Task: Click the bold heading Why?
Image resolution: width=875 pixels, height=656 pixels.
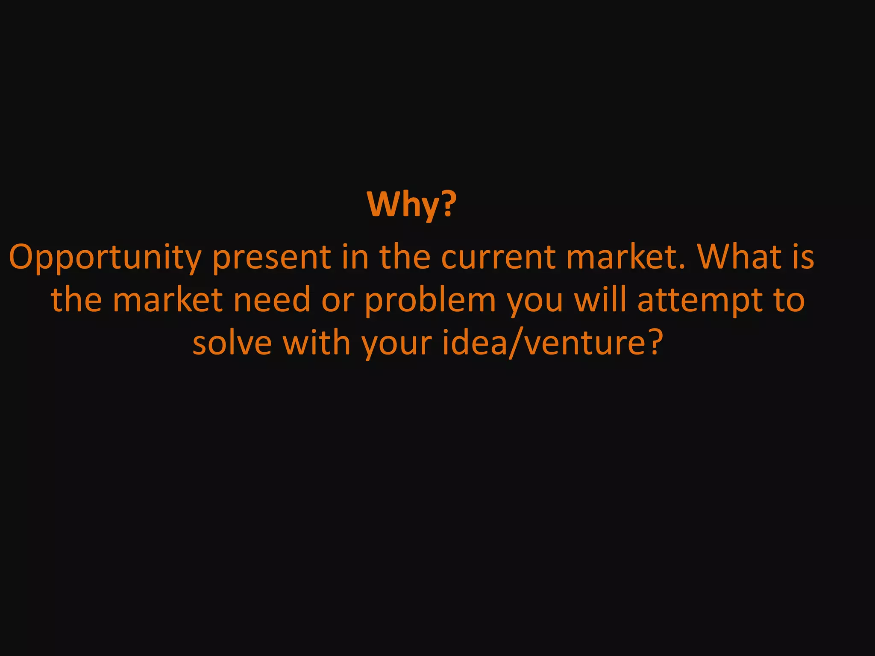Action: point(412,205)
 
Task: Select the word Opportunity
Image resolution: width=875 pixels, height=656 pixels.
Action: point(105,258)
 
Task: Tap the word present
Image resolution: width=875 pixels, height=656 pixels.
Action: point(272,258)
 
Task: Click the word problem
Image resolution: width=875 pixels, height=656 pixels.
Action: point(430,301)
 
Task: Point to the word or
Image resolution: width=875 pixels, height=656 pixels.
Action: point(338,300)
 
